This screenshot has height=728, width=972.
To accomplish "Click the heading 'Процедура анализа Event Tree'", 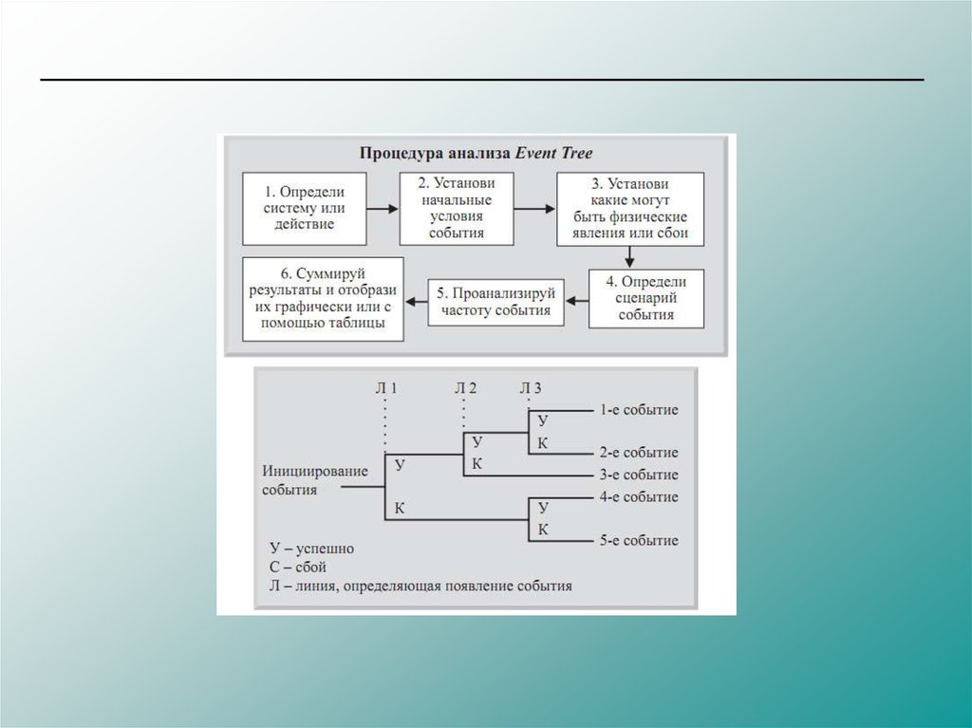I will pos(476,152).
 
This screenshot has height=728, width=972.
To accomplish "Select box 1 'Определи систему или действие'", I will pos(304,208).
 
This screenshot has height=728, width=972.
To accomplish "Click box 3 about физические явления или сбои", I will pos(629,209).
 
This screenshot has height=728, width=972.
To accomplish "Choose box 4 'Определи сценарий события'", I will pos(645,298).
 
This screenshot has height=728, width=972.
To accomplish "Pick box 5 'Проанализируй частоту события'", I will pos(496,301).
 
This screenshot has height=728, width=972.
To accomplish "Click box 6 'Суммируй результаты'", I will pos(323,298).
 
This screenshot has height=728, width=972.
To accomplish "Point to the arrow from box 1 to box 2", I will pos(382,207).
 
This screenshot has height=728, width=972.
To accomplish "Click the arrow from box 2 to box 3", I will pos(533,207).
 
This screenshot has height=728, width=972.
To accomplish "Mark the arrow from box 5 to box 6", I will pos(416,301).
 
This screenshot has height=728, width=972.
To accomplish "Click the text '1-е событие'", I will pos(638,410).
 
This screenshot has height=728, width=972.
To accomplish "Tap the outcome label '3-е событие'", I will pos(638,475).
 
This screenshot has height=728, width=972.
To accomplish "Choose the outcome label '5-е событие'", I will pos(638,540).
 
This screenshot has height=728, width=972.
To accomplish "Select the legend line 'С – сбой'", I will pos(298,567).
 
